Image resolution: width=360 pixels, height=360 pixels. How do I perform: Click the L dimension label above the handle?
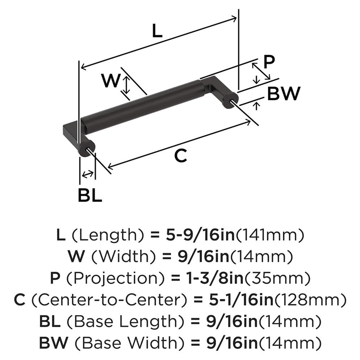click(x=157, y=32)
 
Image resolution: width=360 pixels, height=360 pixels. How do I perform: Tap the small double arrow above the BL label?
click(x=87, y=174)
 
